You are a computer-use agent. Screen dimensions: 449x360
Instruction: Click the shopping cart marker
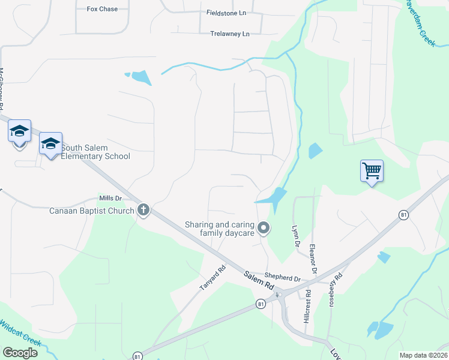click(x=372, y=171)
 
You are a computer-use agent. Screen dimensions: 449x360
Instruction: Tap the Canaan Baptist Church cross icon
click(x=143, y=210)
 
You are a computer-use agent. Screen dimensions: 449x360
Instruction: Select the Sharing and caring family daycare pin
click(x=263, y=227)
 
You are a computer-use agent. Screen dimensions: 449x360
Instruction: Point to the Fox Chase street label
click(x=102, y=9)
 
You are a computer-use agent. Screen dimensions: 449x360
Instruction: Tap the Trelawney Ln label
click(x=229, y=34)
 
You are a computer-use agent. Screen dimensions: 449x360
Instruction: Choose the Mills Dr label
click(x=110, y=198)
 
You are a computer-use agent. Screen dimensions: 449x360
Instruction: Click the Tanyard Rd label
click(x=212, y=278)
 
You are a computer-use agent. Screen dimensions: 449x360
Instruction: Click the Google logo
click(x=20, y=352)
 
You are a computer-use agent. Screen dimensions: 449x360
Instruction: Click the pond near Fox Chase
click(x=141, y=77)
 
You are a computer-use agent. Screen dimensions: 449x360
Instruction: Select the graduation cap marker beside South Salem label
click(x=51, y=144)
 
